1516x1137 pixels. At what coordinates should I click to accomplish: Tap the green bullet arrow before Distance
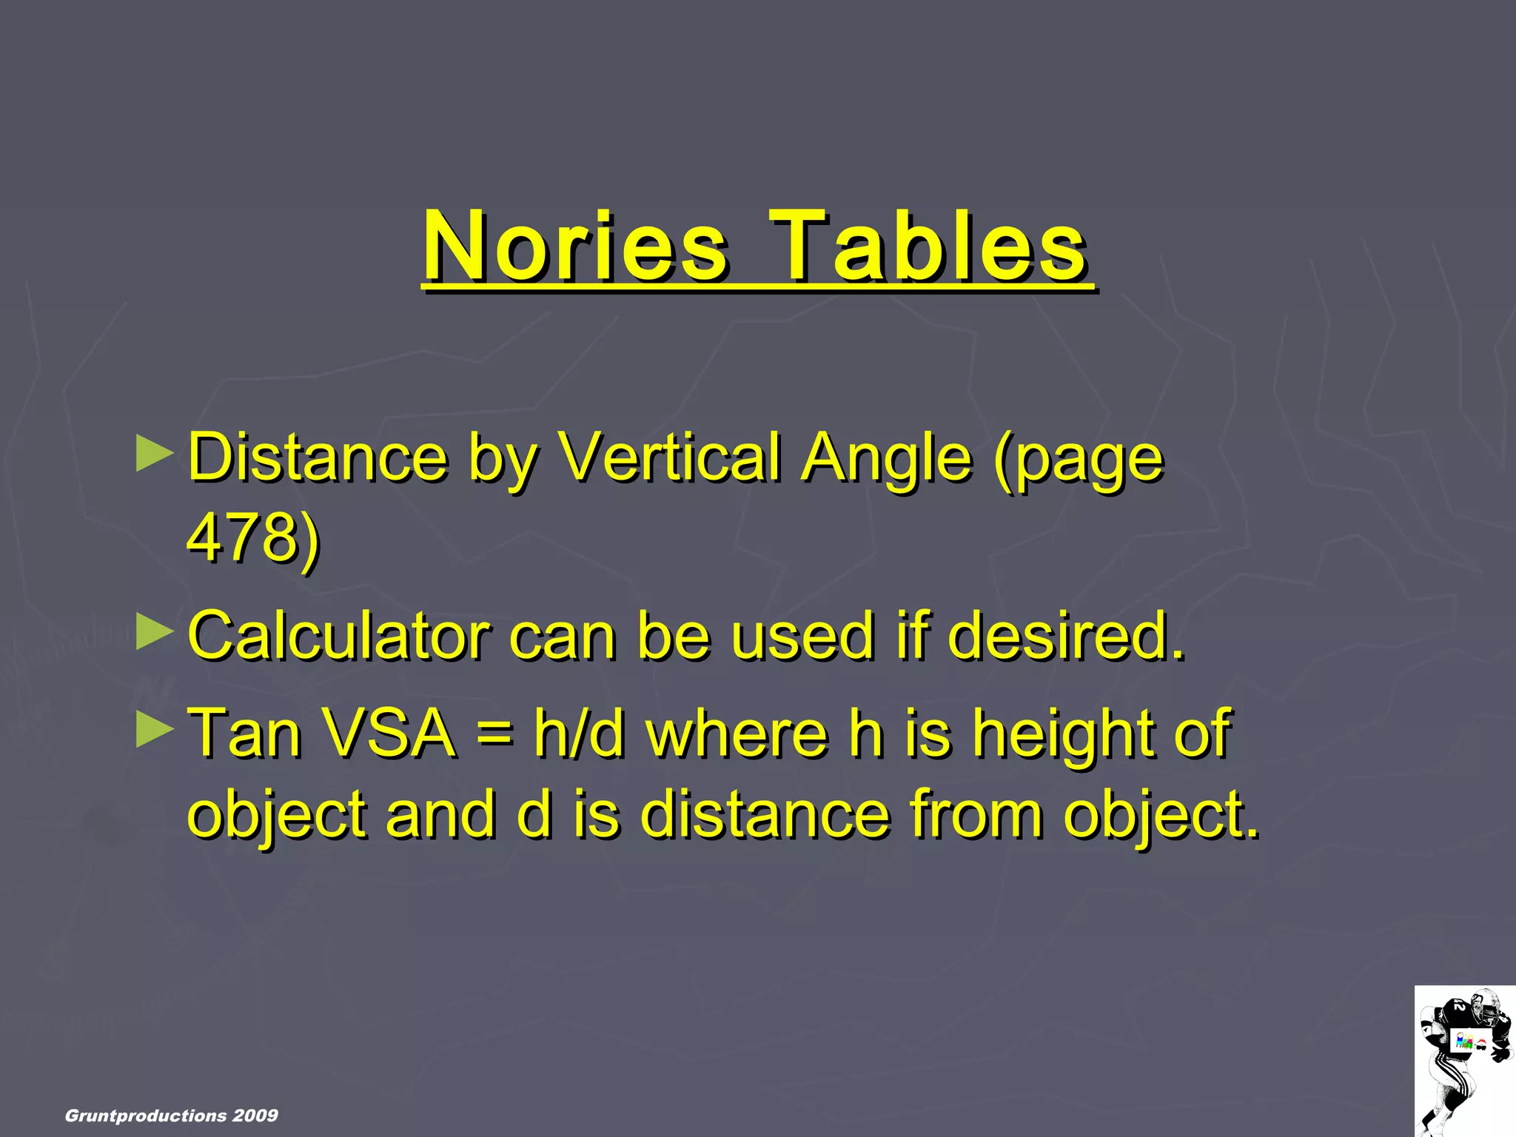155,454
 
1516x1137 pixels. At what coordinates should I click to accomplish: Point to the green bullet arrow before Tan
155,730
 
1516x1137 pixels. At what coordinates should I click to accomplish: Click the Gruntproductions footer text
146,1116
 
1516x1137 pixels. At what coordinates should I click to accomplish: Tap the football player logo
1464,1060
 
